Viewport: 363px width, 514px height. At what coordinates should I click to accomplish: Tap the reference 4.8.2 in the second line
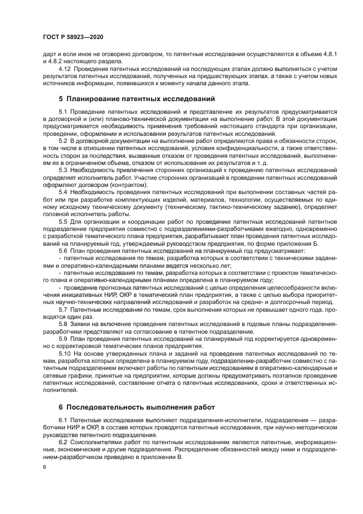pyautogui.click(x=55, y=62)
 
